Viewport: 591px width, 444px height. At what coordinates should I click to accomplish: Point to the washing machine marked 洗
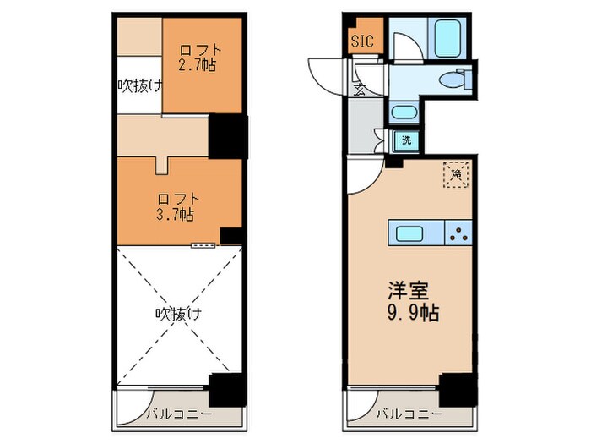406,140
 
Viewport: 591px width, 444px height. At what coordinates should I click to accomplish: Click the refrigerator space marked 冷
456,173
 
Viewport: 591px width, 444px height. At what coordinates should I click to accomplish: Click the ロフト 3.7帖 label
176,207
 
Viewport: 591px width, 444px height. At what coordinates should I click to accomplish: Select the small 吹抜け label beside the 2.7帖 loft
138,85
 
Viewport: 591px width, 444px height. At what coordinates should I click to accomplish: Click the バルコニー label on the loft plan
176,414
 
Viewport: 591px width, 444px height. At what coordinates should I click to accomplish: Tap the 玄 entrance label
359,86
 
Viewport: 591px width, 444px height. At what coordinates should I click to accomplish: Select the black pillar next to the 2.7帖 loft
227,135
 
